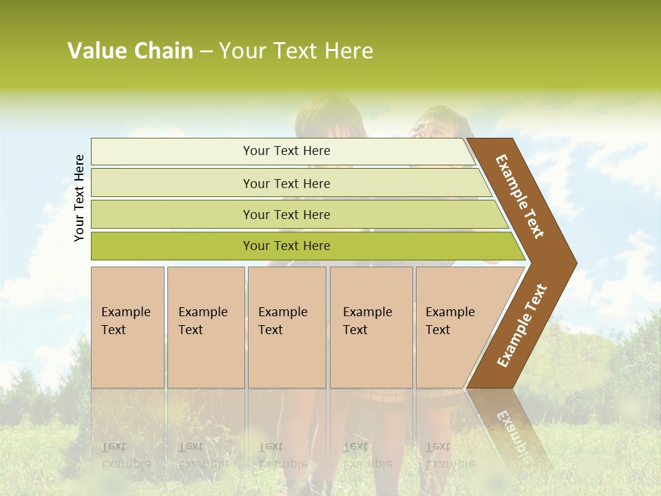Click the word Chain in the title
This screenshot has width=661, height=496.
163,51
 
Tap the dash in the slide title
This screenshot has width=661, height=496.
206,52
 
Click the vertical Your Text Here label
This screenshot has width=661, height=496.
79,198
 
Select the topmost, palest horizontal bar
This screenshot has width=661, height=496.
282,151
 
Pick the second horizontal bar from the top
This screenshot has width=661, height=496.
289,183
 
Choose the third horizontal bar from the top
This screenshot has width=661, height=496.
296,214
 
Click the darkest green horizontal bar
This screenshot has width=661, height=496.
303,246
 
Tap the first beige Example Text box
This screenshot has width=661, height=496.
127,327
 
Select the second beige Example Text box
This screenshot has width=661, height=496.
206,327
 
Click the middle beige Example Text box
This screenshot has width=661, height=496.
286,327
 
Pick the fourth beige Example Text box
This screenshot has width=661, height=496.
371,327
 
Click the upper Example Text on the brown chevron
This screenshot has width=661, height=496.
520,196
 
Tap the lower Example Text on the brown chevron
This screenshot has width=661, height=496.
522,326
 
